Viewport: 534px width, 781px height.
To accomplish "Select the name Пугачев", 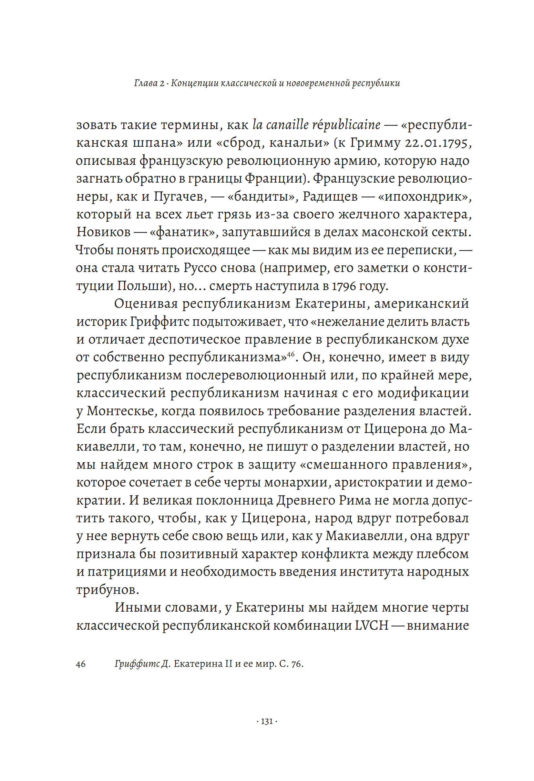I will pyautogui.click(x=179, y=196).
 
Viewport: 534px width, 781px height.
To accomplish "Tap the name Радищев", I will pyautogui.click(x=330, y=196).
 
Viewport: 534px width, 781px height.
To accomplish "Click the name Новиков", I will pyautogui.click(x=104, y=232).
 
